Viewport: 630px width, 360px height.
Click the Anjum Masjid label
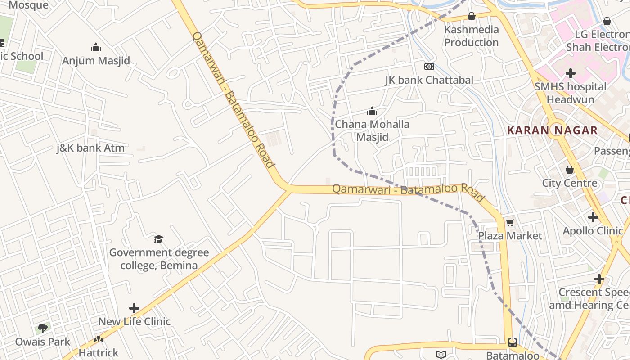pos(96,61)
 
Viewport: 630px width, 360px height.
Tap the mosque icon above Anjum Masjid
pos(96,47)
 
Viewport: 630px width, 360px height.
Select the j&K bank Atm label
pos(90,148)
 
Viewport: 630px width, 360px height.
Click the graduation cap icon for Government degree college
pos(158,238)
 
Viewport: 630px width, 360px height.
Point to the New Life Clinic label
pos(134,321)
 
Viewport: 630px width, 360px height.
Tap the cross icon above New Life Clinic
pos(134,308)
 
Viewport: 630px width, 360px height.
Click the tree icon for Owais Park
pos(43,328)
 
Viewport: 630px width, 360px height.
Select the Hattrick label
pos(99,352)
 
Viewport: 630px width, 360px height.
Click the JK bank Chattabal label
pos(429,80)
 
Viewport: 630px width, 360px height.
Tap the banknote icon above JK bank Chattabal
pos(429,67)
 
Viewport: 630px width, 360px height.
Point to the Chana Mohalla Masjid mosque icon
pos(372,111)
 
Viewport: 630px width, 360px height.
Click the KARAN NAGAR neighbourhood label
pos(552,130)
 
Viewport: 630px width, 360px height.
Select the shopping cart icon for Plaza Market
pos(510,222)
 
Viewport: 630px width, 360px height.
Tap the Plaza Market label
pos(510,236)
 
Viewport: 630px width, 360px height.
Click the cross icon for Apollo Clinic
pos(593,217)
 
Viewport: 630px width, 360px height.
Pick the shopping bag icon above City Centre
pos(570,170)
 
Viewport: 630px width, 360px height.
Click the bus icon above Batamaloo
pos(513,342)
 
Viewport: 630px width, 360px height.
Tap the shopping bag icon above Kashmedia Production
pos(472,16)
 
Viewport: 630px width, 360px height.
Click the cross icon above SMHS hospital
pos(571,73)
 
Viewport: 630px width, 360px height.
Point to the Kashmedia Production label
pos(472,36)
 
